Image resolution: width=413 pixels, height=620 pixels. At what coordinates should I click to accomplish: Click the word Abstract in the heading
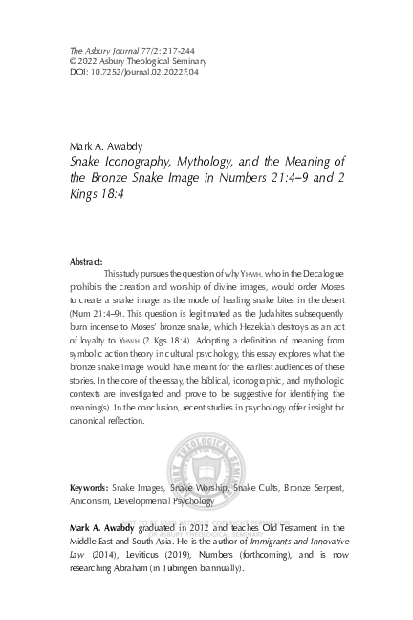(86, 261)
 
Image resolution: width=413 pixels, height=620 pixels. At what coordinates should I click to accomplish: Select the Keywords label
(89, 488)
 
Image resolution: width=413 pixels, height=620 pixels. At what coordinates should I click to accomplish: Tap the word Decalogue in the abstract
(319, 274)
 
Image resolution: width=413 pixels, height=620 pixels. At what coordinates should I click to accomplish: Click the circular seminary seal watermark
(206, 476)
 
